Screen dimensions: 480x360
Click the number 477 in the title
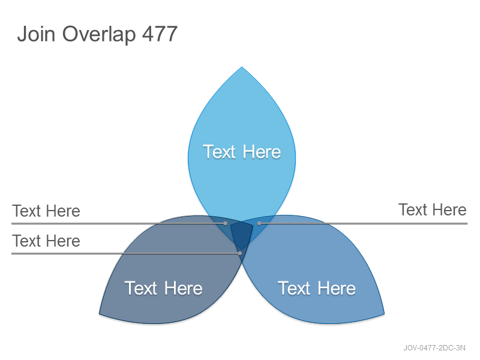point(160,34)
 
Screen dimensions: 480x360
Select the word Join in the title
point(36,34)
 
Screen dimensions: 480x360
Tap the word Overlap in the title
point(99,35)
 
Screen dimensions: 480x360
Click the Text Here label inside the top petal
point(242,152)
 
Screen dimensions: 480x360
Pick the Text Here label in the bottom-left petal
point(163,288)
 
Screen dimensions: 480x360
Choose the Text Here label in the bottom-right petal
point(317,288)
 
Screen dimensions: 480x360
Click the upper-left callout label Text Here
point(46,211)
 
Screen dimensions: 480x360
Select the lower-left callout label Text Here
point(46,241)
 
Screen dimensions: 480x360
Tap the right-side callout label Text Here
point(432,209)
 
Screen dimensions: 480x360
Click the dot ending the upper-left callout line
point(226,223)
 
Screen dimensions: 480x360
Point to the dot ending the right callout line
point(259,223)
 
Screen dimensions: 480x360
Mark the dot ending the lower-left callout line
point(240,253)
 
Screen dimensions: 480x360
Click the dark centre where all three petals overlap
point(242,234)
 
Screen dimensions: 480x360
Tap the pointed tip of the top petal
point(242,67)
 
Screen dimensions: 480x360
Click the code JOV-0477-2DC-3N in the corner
point(434,348)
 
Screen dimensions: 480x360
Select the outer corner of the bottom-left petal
point(99,313)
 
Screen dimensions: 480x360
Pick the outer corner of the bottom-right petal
point(384,313)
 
